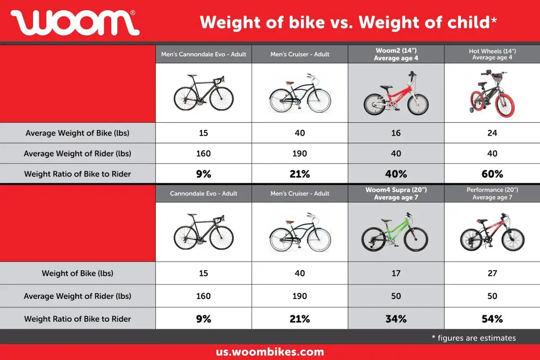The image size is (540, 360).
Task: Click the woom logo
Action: pos(75,22)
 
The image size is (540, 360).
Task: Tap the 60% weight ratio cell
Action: pos(492,174)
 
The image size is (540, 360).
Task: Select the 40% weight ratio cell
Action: pos(396,174)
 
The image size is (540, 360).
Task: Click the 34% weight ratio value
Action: pos(396,319)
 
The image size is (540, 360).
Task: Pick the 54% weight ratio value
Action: pos(492,319)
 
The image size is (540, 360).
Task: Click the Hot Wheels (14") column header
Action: pos(492,54)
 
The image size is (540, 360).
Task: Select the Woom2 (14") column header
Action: pos(396,54)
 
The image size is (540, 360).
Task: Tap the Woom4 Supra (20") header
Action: pos(396,193)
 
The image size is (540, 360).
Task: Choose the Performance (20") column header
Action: pos(492,193)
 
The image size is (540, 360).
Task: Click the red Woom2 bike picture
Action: pos(396,94)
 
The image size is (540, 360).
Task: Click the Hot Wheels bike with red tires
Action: pos(492,94)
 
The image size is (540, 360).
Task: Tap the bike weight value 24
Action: pos(492,133)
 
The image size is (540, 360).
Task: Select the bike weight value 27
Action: pos(492,273)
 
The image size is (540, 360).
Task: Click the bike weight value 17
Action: pos(396,273)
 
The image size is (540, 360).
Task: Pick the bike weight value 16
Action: pos(396,133)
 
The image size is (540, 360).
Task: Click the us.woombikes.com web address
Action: pos(270,352)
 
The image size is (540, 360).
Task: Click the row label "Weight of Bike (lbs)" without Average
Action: pos(78,273)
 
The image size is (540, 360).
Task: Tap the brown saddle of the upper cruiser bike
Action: pos(289,82)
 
